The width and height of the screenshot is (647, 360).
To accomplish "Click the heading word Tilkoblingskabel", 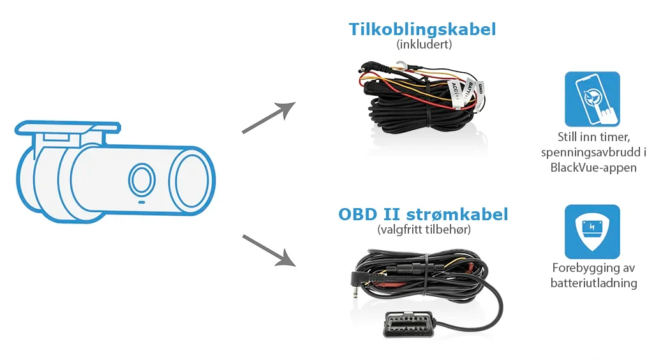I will pos(422,29).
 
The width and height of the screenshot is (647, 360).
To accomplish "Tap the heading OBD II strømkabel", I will pos(423,214).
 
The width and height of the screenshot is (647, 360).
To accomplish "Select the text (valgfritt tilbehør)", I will pos(423,229).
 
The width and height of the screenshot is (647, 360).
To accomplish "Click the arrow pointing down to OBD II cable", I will pos(269,250).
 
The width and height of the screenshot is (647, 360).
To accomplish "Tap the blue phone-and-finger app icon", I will pos(592,99).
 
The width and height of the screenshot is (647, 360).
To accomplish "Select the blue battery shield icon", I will pos(592,232).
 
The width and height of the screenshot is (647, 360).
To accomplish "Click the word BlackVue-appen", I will pos(593,168).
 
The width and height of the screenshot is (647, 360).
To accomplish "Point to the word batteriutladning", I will pos(593,283).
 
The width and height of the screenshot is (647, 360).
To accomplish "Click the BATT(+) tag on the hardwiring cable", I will pos(468,89).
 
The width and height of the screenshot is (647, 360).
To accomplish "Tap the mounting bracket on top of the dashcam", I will pos(64,130).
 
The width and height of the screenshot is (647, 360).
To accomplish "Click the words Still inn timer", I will pos(593,138).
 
